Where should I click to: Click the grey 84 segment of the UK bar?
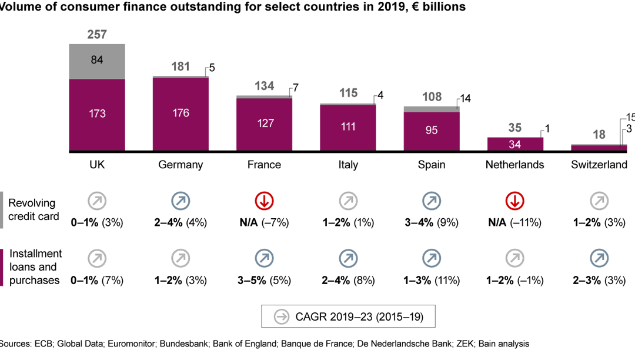coord(97,61)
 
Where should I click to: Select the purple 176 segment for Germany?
coord(181,113)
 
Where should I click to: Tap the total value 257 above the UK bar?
coord(97,35)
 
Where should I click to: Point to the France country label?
coord(264,165)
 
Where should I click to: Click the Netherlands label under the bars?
coord(514,165)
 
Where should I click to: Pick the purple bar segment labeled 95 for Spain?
coord(432,130)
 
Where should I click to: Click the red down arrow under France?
coord(264,201)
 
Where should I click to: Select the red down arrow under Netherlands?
coord(514,201)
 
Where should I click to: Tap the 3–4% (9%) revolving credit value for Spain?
coord(432,223)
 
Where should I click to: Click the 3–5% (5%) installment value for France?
coord(264,281)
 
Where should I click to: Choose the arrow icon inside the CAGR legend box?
coord(282,317)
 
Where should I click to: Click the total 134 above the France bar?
coord(264,87)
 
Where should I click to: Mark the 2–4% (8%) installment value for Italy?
coord(347,281)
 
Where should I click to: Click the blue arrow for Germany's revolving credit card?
coord(181,201)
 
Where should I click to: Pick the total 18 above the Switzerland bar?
coord(599,135)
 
